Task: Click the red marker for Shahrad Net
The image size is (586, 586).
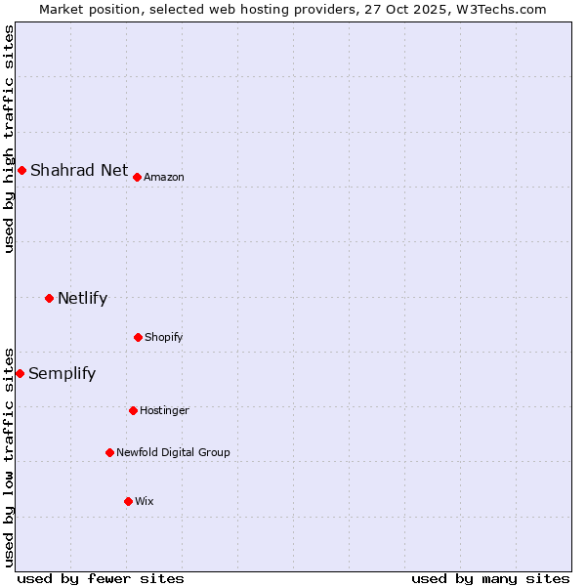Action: click(x=21, y=170)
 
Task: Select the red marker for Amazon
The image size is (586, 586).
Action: click(x=137, y=177)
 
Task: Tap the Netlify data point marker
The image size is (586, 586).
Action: click(x=49, y=298)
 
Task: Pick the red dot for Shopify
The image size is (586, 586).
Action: click(x=138, y=337)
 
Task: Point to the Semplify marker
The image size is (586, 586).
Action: click(x=20, y=373)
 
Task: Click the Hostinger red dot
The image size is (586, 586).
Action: click(x=133, y=410)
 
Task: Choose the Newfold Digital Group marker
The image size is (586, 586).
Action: click(x=109, y=452)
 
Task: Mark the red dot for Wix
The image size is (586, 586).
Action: click(x=128, y=501)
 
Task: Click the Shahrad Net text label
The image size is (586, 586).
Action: click(x=79, y=170)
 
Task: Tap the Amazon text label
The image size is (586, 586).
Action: click(x=164, y=177)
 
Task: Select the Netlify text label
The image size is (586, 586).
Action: click(x=82, y=298)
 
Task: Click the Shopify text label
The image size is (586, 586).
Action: click(x=164, y=337)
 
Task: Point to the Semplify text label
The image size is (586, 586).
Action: click(x=62, y=373)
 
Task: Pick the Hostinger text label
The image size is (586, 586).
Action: click(x=164, y=410)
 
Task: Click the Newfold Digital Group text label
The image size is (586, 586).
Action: click(x=173, y=452)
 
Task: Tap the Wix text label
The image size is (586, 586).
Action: click(x=145, y=501)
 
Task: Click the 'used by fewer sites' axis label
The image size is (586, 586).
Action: click(x=101, y=578)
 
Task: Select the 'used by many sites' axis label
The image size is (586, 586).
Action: click(x=490, y=578)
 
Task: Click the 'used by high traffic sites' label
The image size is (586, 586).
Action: click(x=9, y=139)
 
